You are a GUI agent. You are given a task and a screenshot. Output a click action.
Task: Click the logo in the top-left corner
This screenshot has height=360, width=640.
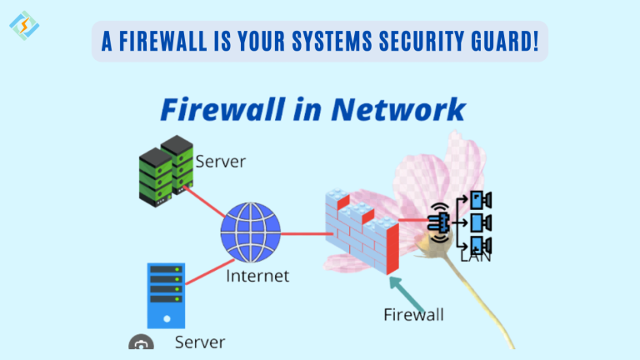click(x=24, y=25)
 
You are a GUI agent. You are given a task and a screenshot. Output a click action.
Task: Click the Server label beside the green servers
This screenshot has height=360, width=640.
click(x=221, y=161)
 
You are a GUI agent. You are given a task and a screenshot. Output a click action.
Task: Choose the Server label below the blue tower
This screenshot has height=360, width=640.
click(x=200, y=342)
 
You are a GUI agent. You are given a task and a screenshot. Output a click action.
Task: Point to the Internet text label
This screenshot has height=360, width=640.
click(x=257, y=275)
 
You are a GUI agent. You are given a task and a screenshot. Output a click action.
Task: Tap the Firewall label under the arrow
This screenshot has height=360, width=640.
click(x=413, y=315)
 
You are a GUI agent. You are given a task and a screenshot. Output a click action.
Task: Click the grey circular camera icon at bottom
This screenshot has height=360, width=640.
click(x=141, y=344)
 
